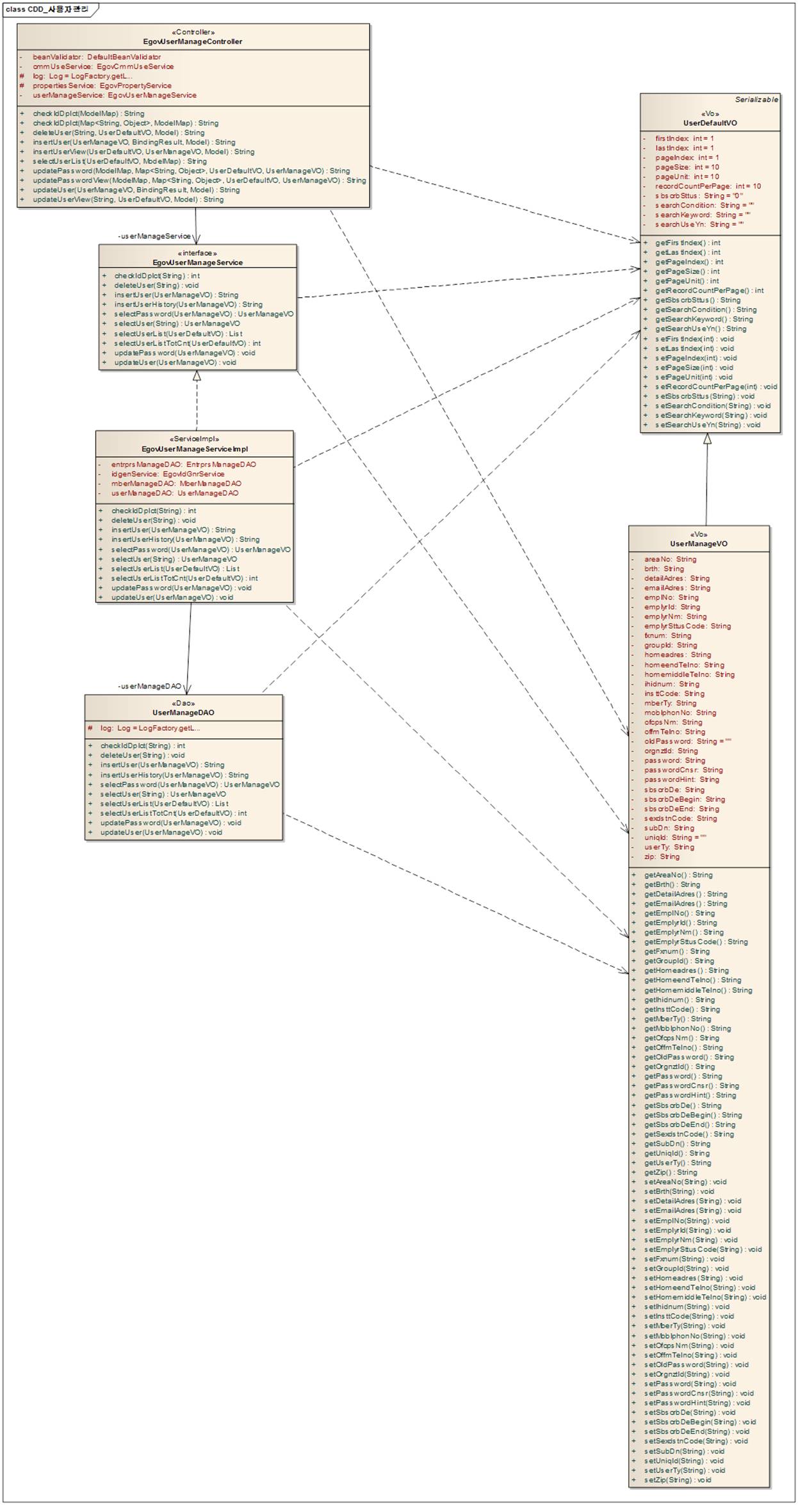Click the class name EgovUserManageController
(x=193, y=42)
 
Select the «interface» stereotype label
(x=197, y=253)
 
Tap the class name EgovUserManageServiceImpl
(x=195, y=449)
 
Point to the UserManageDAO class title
(x=183, y=712)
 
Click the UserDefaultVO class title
(x=710, y=123)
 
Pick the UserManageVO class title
(x=699, y=544)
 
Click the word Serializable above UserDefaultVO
(x=756, y=100)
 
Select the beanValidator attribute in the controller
(x=97, y=57)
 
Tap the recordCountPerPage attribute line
(x=708, y=186)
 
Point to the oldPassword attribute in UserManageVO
(x=687, y=741)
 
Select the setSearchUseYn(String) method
(x=707, y=425)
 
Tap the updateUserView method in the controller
(x=128, y=199)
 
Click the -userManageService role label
(x=154, y=236)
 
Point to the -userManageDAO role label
(x=150, y=686)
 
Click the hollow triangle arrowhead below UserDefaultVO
(x=707, y=439)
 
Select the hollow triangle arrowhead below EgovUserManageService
(x=197, y=376)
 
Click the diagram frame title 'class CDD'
(x=46, y=10)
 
